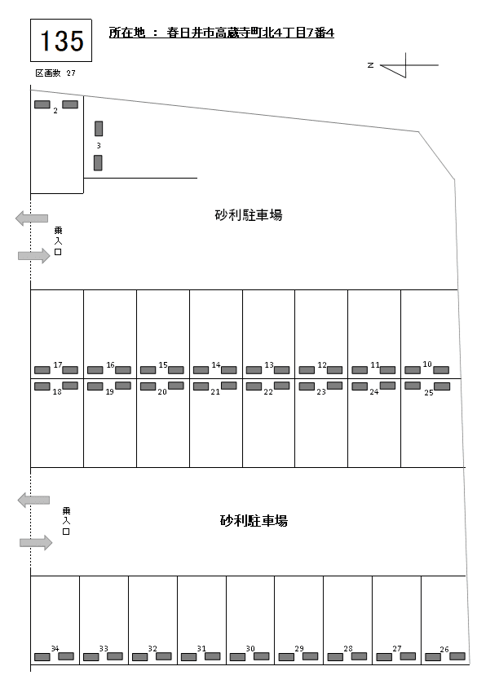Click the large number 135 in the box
61,40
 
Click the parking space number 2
55,111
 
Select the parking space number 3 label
98,146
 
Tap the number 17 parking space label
57,364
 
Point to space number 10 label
427,364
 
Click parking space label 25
429,392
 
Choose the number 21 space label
215,392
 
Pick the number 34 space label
55,649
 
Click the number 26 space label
444,650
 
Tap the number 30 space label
250,650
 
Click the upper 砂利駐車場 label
249,215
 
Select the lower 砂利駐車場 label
254,520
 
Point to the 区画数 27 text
55,73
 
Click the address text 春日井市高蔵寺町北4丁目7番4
250,33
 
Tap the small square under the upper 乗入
58,253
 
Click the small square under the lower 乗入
66,532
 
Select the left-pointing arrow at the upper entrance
32,218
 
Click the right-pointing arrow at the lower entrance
36,542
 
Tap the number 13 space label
268,364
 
